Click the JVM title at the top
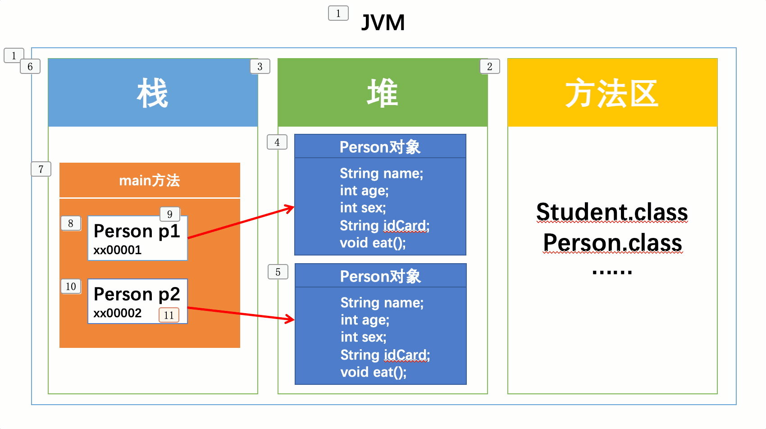(383, 23)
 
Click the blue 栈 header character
(153, 93)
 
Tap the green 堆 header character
(382, 93)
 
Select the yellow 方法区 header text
(612, 93)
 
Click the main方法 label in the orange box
(150, 180)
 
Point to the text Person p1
(137, 231)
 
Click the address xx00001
(117, 250)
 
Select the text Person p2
(137, 294)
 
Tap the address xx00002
(117, 313)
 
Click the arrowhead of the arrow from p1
(290, 208)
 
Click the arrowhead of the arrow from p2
(290, 319)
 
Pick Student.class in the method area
(612, 212)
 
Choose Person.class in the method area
(612, 242)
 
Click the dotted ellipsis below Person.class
(612, 272)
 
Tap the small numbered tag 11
(169, 315)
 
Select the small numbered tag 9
(170, 214)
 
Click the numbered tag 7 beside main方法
(41, 169)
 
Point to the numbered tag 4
(277, 142)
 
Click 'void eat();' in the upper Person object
(373, 243)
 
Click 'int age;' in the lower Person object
(365, 320)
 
